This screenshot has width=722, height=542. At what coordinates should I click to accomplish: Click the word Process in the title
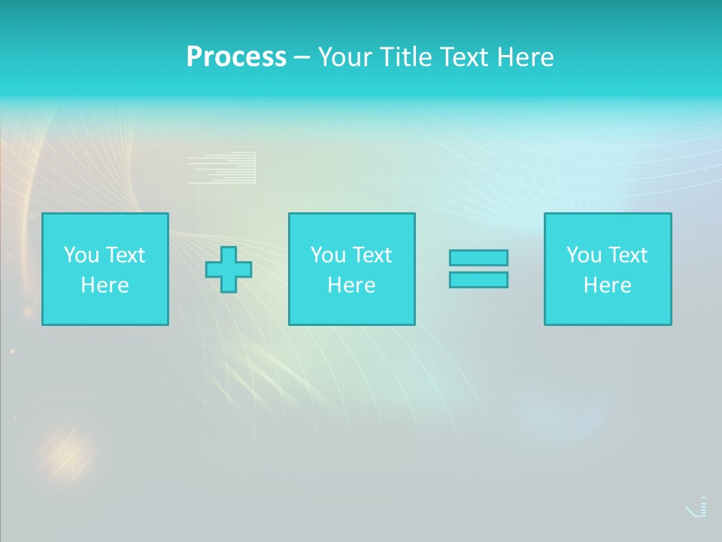point(236,57)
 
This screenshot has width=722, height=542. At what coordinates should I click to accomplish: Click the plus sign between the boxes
point(229,269)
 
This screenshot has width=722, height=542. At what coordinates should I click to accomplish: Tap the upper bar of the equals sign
point(478,257)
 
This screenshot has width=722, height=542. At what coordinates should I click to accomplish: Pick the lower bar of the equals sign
point(478,279)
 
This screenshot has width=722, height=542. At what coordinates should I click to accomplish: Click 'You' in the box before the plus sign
point(81,255)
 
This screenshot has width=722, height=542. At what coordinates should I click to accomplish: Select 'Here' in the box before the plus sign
point(105,285)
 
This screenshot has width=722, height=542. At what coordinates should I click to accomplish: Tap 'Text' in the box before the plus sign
point(124,255)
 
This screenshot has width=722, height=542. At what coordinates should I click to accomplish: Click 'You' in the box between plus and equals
point(328,255)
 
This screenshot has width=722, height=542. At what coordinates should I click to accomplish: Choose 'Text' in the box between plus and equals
point(371,255)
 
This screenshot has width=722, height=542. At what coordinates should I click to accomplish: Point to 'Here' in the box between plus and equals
point(351,285)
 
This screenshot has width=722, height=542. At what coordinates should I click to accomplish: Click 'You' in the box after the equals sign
point(584,255)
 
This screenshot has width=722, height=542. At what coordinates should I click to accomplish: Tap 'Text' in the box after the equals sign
point(626,255)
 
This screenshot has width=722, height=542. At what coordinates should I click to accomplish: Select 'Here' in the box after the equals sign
point(607,285)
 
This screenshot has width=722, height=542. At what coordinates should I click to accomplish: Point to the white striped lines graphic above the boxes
point(223,168)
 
